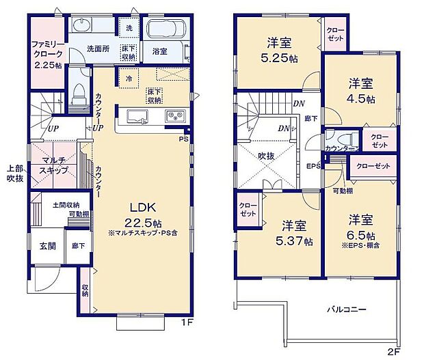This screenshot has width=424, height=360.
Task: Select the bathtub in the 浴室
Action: coord(164,31)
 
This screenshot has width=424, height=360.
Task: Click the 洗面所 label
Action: coord(99,49)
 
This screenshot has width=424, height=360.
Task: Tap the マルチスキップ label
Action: coord(53,164)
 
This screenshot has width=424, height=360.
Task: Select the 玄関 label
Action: coord(47,247)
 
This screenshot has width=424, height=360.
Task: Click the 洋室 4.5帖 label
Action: coord(361,91)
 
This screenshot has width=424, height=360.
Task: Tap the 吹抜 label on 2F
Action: coord(266,156)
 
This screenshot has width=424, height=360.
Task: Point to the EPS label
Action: coord(314,166)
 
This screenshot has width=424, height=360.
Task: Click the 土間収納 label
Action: coord(66,204)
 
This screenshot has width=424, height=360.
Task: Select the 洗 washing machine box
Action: coord(129,27)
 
